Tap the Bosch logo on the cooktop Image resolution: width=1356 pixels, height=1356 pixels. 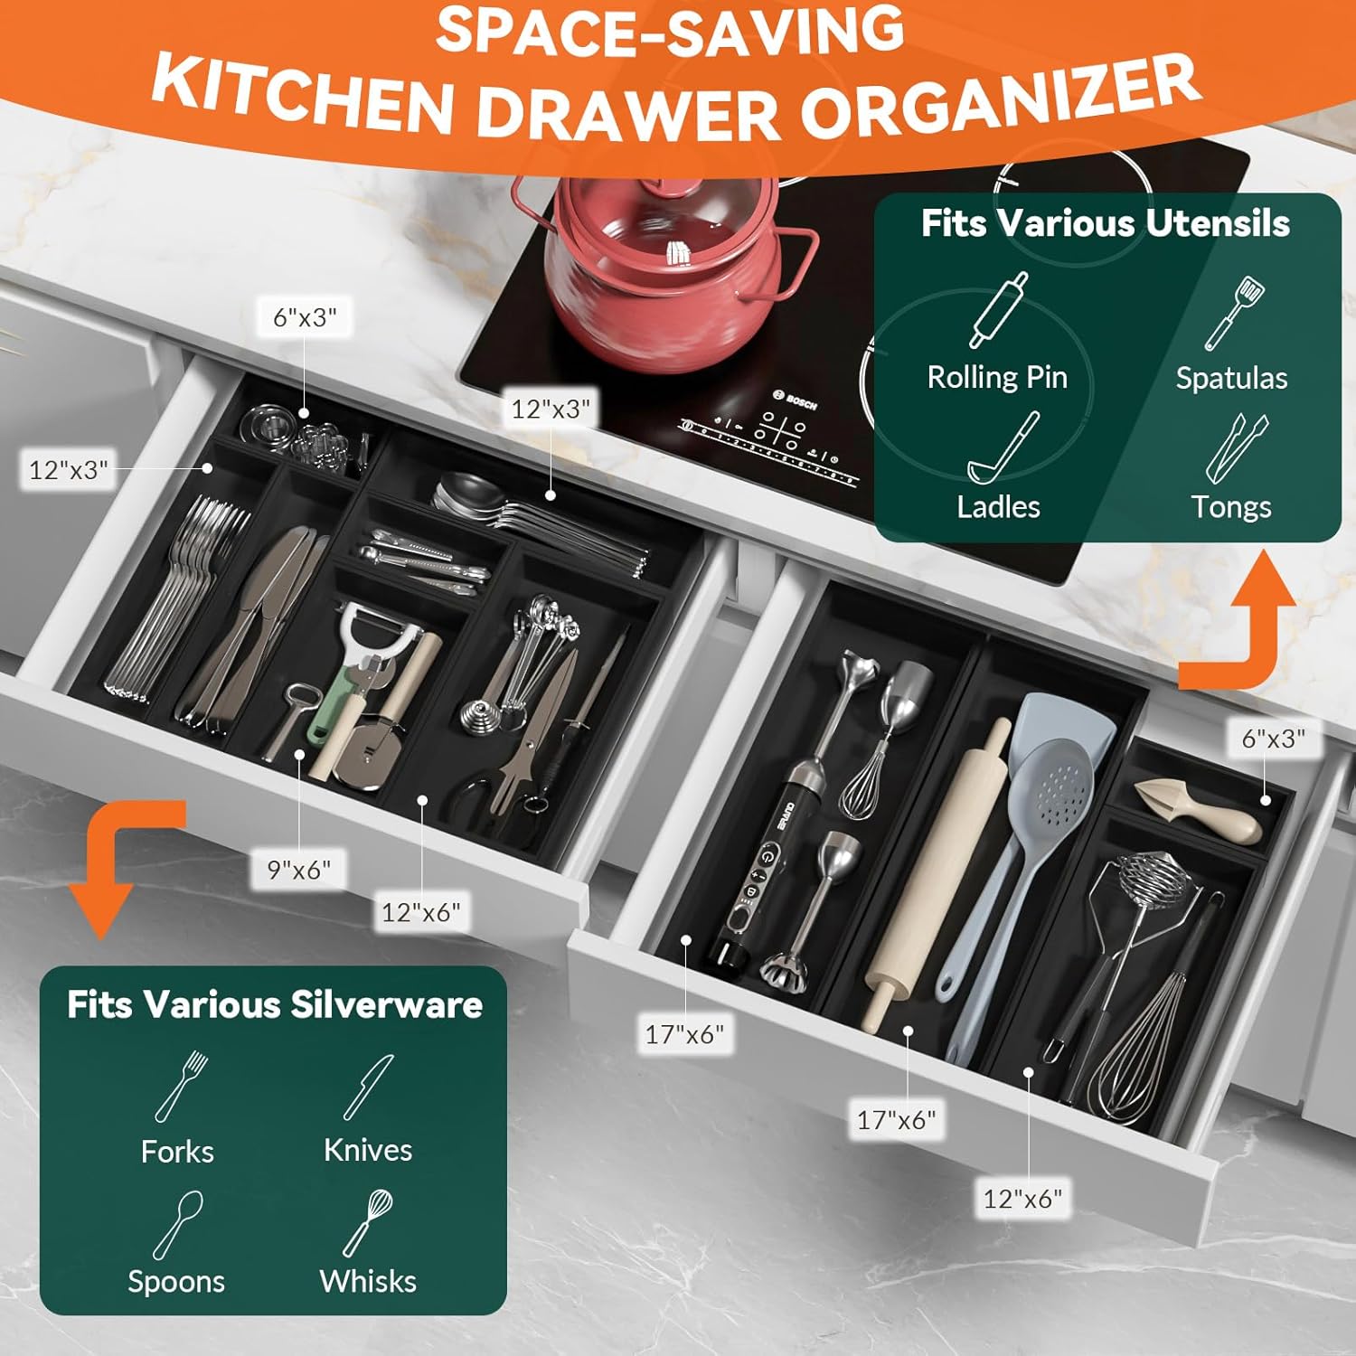tap(796, 400)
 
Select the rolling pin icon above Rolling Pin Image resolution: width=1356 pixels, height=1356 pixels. tap(998, 310)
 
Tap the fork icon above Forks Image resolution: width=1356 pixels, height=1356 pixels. tap(181, 1086)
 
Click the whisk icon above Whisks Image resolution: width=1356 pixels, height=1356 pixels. tap(368, 1222)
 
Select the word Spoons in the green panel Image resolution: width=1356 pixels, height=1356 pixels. tap(176, 1281)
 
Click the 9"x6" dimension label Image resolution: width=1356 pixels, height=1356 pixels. tap(299, 870)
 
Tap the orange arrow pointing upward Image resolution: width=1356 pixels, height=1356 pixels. tap(1252, 624)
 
